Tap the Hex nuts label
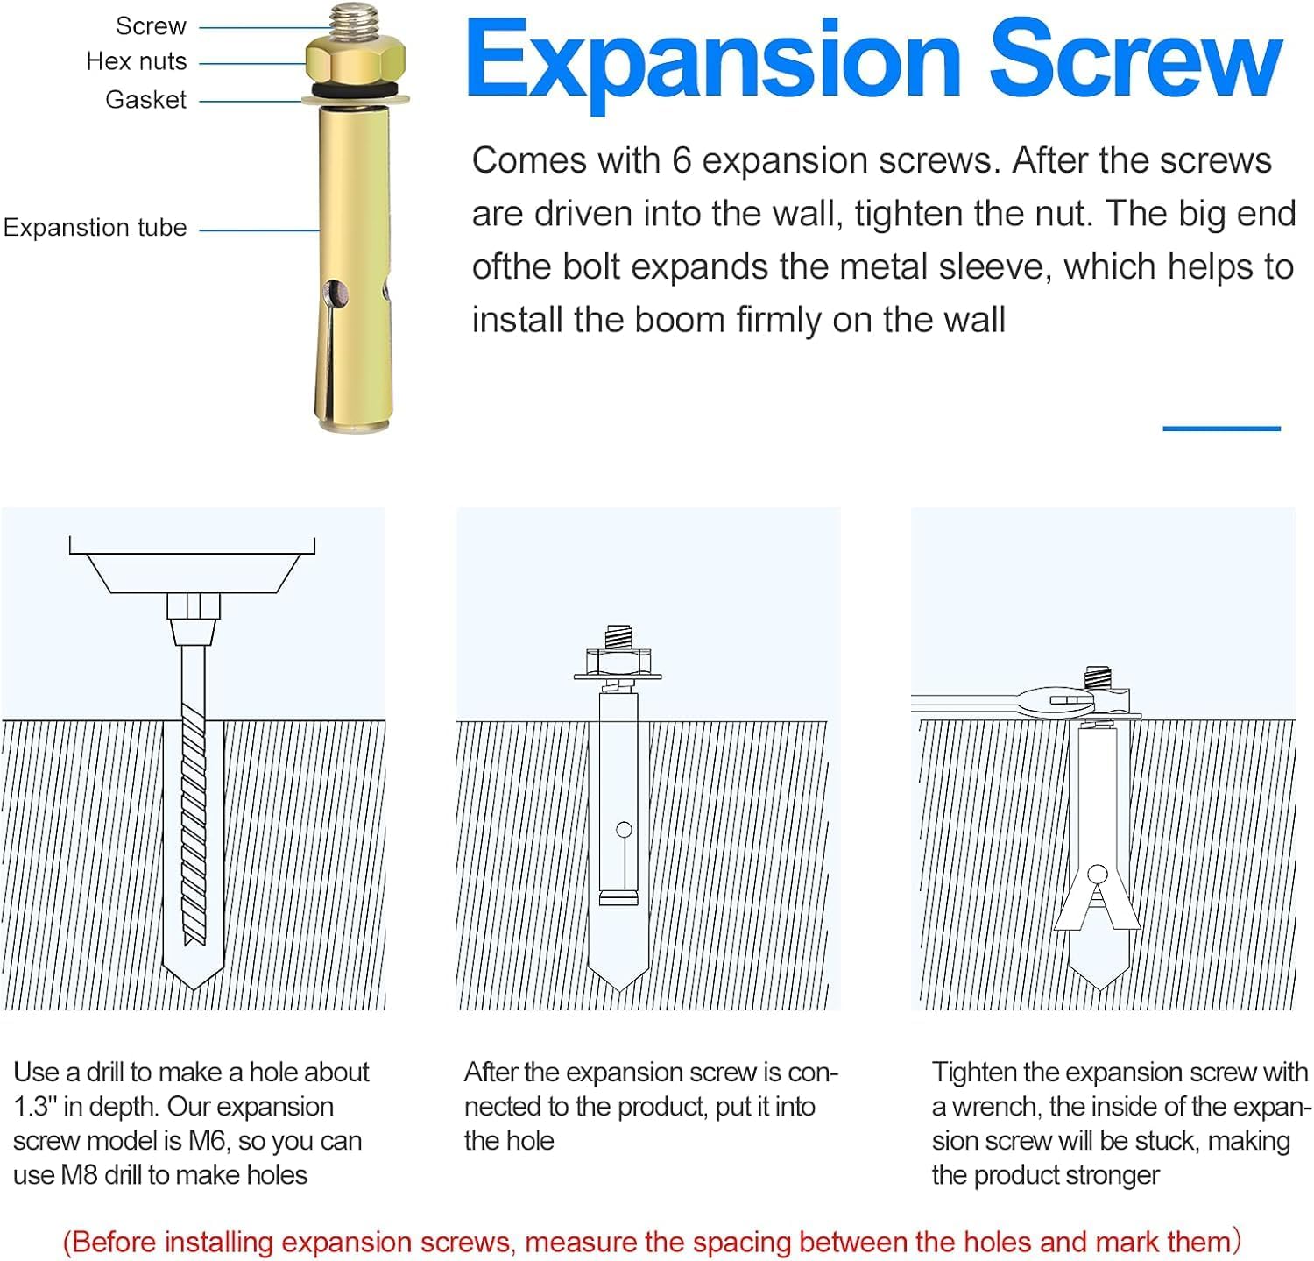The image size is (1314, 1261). [x=137, y=61]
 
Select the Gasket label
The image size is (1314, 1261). [x=145, y=100]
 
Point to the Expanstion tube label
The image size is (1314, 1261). [x=95, y=228]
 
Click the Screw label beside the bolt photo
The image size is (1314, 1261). [x=151, y=26]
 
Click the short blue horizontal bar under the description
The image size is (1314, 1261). [x=1221, y=429]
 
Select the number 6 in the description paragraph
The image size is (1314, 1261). [x=682, y=161]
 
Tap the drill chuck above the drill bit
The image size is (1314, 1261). [x=194, y=619]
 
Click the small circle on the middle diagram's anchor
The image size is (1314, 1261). [x=624, y=829]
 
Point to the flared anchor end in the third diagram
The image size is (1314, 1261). [x=1098, y=903]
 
